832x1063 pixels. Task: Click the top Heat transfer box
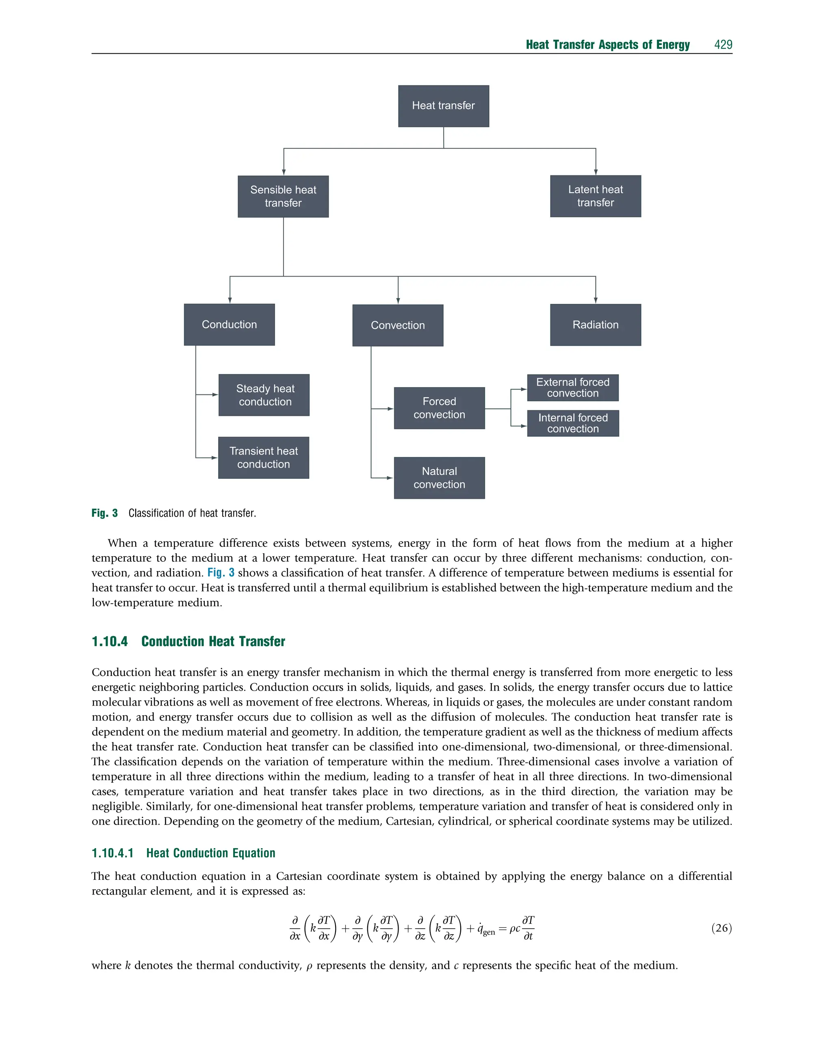tap(443, 106)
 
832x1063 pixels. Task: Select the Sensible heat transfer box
tap(283, 196)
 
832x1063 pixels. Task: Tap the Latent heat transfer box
tap(595, 196)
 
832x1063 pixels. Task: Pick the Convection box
tap(397, 325)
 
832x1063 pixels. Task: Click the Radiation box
tap(595, 325)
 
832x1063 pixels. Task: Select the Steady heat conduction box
tap(264, 395)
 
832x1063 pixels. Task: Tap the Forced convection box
tap(439, 408)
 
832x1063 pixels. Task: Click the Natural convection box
tap(439, 478)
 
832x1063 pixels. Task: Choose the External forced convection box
tap(572, 388)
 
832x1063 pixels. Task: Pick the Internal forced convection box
tap(573, 423)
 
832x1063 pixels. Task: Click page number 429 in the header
tap(723, 45)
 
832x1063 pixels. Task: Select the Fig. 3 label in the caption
tap(105, 513)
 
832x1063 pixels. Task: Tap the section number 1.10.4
tap(110, 641)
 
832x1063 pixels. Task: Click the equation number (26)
tap(721, 928)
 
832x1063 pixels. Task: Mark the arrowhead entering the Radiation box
tap(595, 301)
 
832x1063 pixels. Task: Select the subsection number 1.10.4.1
tap(113, 853)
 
